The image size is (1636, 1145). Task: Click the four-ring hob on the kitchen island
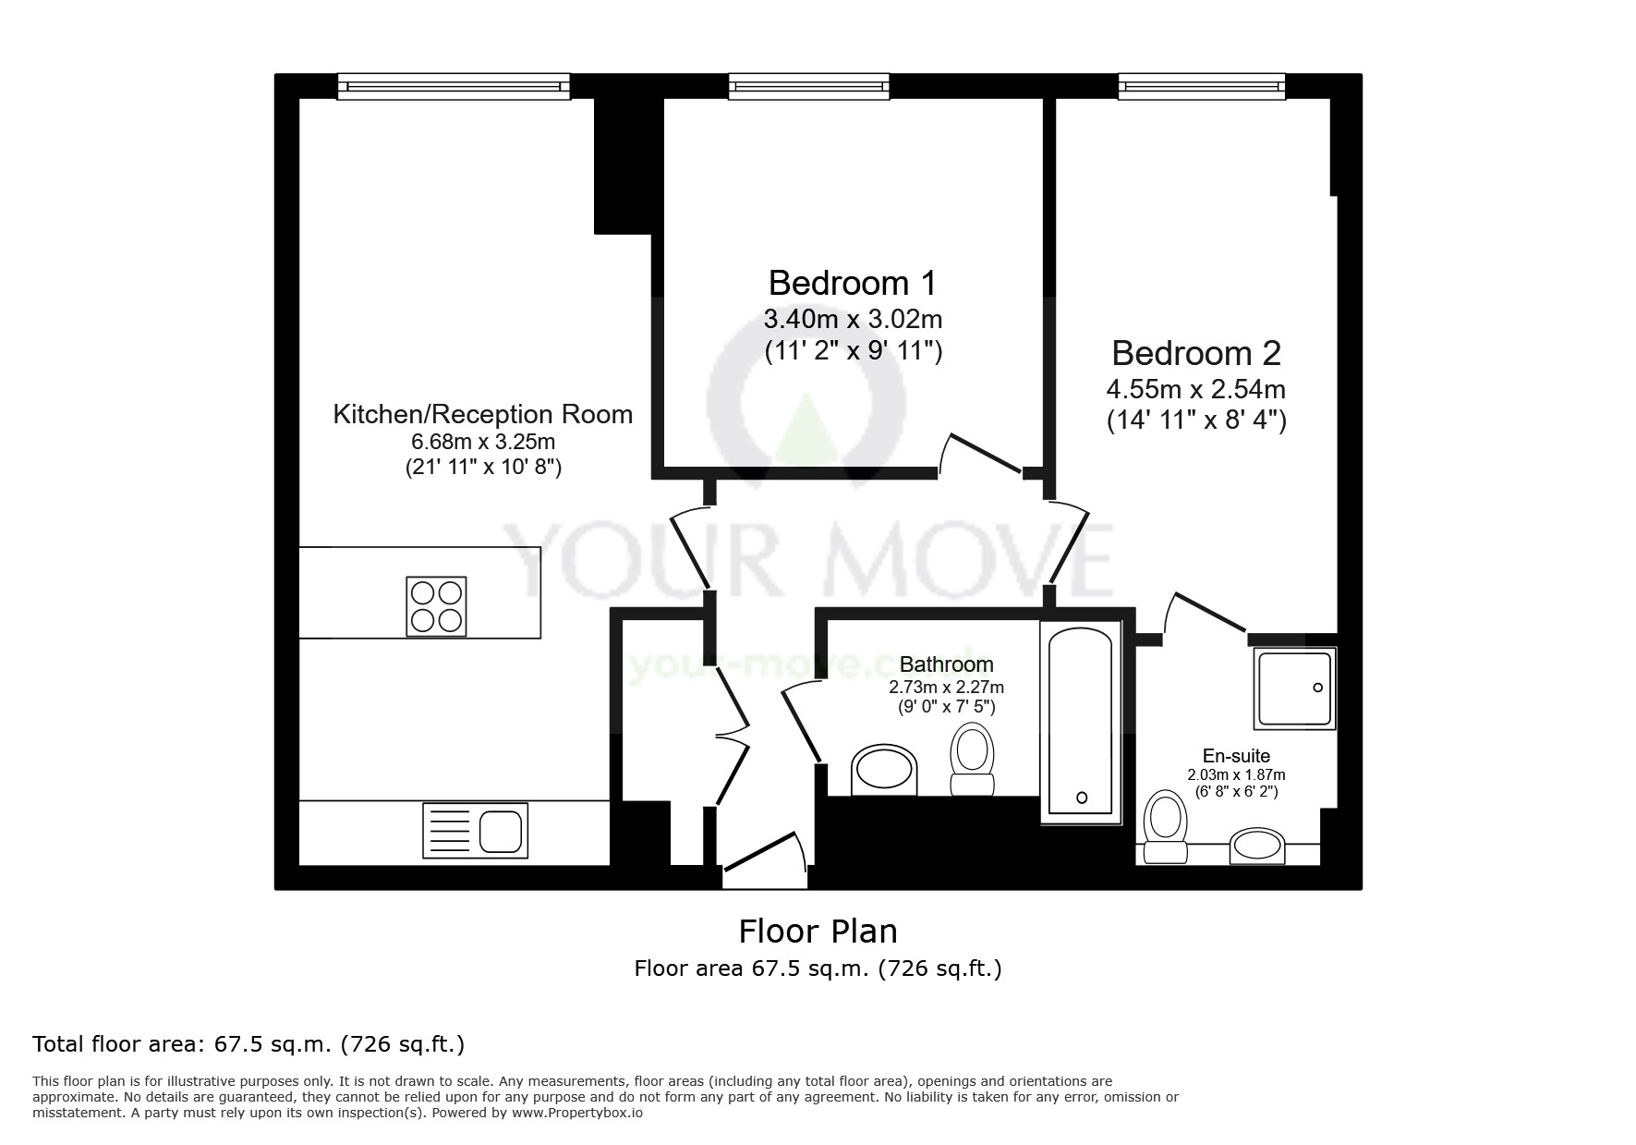(x=436, y=606)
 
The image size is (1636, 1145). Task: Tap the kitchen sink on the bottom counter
(x=476, y=830)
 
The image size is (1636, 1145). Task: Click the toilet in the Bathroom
(x=973, y=759)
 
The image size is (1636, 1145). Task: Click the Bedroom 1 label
(x=853, y=282)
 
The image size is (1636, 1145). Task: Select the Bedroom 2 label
(x=1196, y=353)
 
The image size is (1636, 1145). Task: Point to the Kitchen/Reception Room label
(x=483, y=414)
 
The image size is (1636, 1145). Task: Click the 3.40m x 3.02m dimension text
(x=853, y=320)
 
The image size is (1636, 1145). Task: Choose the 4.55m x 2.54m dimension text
(x=1196, y=389)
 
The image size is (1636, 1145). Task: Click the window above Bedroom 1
(x=809, y=87)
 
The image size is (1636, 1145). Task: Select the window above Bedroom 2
(x=1202, y=87)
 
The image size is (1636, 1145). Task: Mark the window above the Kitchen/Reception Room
(x=454, y=87)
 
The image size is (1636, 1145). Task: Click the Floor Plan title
(x=818, y=931)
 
